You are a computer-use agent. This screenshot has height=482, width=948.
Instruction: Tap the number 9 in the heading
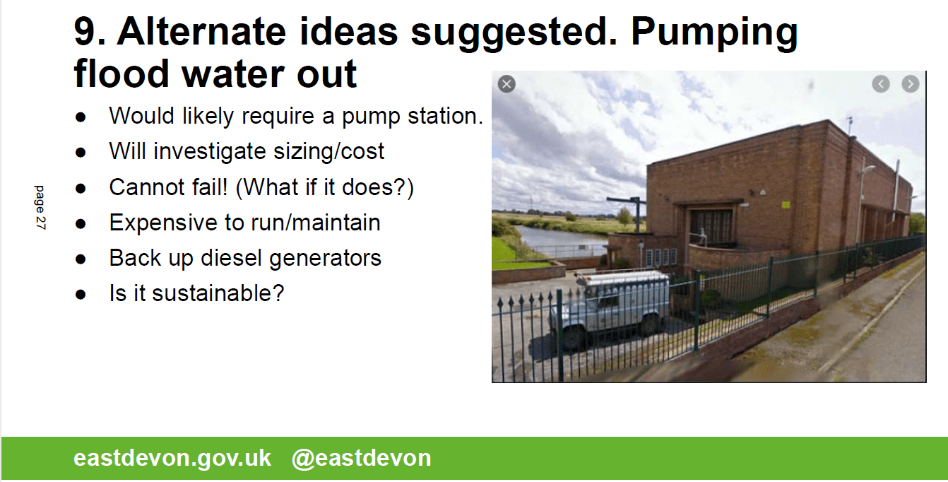tap(87, 31)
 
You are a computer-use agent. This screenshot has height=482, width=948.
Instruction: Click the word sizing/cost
tap(328, 152)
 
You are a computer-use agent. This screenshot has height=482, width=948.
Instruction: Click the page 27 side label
tap(40, 208)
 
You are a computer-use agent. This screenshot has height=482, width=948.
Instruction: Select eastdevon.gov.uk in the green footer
tap(172, 458)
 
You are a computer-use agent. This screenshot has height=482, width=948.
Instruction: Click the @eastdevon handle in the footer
tap(362, 458)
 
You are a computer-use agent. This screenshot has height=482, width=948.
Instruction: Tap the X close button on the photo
tap(506, 84)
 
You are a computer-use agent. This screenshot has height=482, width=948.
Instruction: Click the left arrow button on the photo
tap(881, 84)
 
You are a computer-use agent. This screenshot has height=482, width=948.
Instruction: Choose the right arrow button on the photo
tap(911, 84)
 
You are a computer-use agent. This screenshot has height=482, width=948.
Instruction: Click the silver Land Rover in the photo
tap(610, 308)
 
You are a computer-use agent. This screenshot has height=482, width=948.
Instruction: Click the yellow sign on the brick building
tap(786, 205)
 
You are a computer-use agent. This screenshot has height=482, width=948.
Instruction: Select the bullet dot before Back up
tap(81, 259)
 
